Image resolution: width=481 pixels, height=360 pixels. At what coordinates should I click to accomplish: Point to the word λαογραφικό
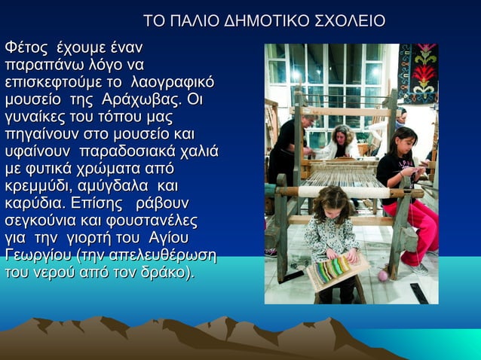173,82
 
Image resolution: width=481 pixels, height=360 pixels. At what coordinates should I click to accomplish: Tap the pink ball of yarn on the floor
383,275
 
